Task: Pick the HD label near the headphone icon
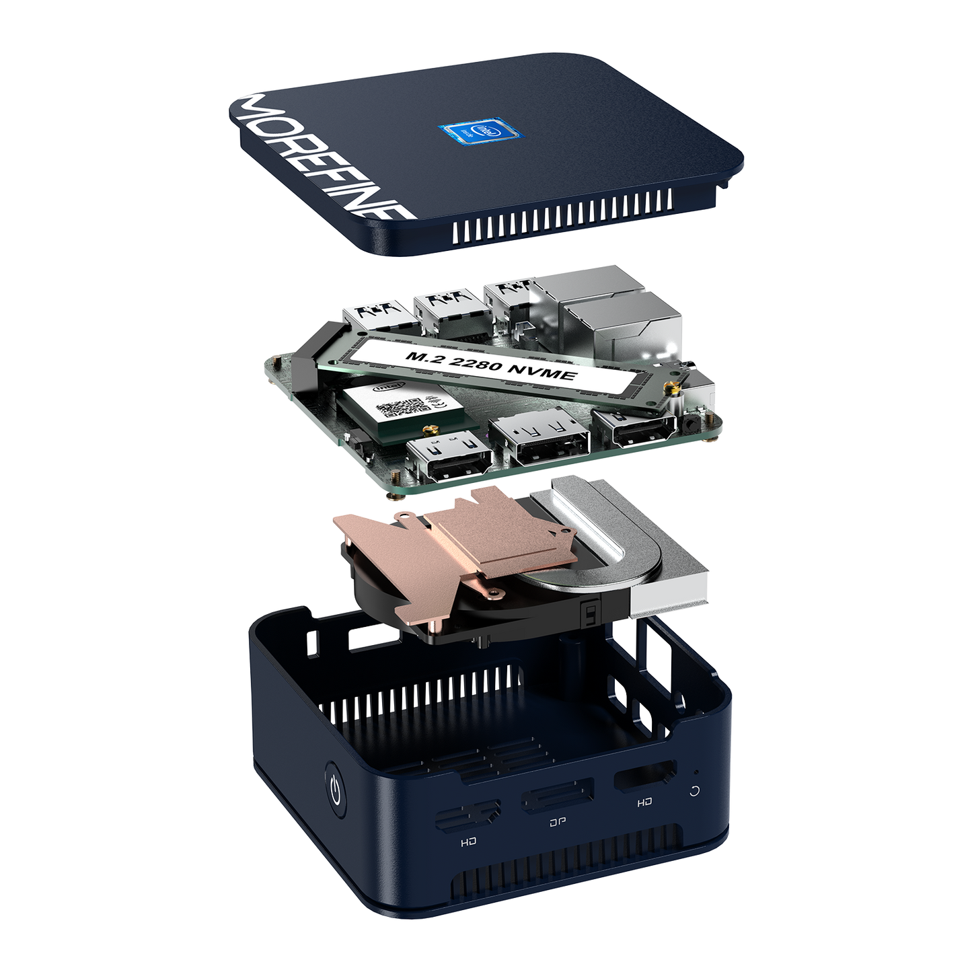point(644,802)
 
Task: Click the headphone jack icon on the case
point(695,790)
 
